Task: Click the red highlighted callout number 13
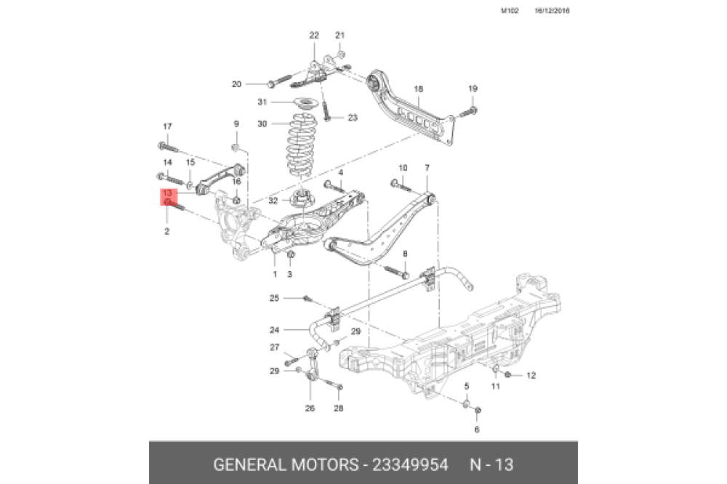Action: pyautogui.click(x=167, y=193)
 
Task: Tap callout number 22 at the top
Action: pyautogui.click(x=314, y=35)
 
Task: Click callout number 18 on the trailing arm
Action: pyautogui.click(x=418, y=89)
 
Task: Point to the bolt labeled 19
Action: pyautogui.click(x=469, y=112)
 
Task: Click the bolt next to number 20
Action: pyautogui.click(x=280, y=81)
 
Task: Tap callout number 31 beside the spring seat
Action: pyautogui.click(x=262, y=102)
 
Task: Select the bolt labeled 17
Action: pyautogui.click(x=168, y=148)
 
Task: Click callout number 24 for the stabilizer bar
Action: pyautogui.click(x=275, y=330)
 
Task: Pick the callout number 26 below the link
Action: pyautogui.click(x=310, y=408)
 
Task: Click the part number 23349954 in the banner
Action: pyautogui.click(x=410, y=464)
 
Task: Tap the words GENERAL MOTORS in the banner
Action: pyautogui.click(x=286, y=464)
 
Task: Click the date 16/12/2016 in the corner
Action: pyautogui.click(x=552, y=11)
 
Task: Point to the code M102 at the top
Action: pyautogui.click(x=510, y=11)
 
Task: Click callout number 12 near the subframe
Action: pyautogui.click(x=531, y=376)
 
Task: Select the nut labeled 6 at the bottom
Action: pyautogui.click(x=478, y=411)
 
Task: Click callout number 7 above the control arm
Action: pyautogui.click(x=427, y=168)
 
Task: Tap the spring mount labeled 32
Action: pyautogui.click(x=302, y=201)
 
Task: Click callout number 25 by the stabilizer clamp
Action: pyautogui.click(x=275, y=298)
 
